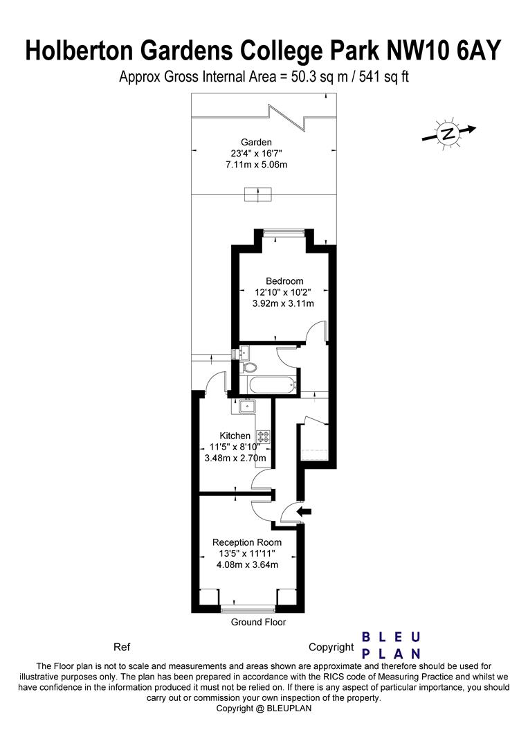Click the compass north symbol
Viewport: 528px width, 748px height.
(x=448, y=133)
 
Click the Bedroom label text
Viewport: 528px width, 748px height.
(x=284, y=280)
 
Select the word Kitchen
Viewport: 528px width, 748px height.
(x=235, y=436)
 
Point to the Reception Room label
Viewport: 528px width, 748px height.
(x=246, y=542)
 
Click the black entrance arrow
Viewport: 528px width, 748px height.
(x=304, y=512)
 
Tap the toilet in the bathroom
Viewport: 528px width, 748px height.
(x=250, y=367)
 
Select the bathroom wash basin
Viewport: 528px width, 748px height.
(x=246, y=353)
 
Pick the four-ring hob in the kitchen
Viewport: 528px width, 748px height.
(x=264, y=436)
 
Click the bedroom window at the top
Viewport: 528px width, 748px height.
(x=284, y=233)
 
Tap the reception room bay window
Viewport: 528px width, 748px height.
(x=247, y=609)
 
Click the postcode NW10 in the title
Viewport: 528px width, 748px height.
(x=413, y=51)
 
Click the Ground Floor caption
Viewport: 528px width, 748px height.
(x=258, y=623)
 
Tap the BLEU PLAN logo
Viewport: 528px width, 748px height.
(x=392, y=645)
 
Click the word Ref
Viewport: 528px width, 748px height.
(x=121, y=648)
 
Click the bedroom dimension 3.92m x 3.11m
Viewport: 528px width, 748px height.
(x=284, y=303)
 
